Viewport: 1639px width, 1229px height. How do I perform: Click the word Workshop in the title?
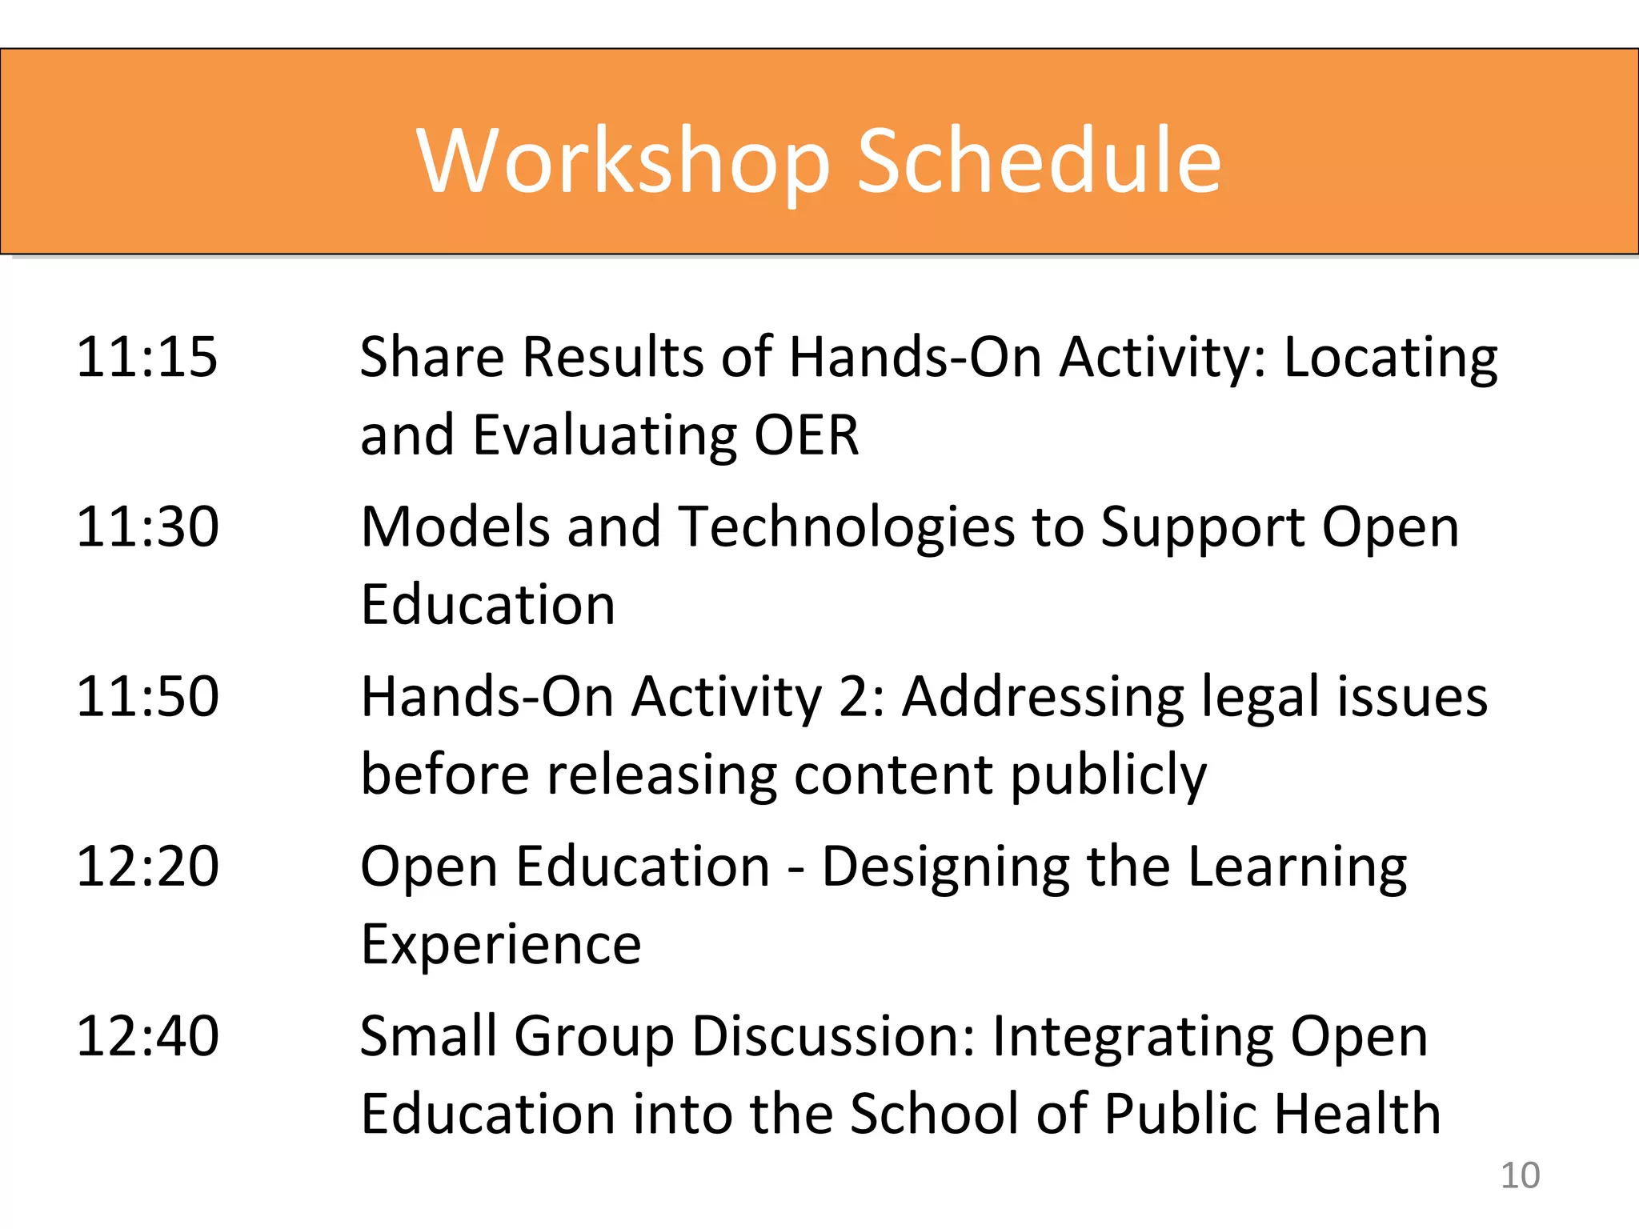[x=623, y=162]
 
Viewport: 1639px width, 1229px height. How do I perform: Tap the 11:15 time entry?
[x=146, y=357]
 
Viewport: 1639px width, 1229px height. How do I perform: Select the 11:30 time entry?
[x=147, y=527]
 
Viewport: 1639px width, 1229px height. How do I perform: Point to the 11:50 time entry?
[x=147, y=697]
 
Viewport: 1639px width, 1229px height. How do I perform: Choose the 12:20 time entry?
[x=147, y=867]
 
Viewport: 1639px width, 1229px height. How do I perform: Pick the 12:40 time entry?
[x=147, y=1036]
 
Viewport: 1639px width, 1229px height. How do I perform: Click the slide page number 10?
[x=1520, y=1175]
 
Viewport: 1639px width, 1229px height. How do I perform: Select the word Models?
[x=455, y=528]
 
